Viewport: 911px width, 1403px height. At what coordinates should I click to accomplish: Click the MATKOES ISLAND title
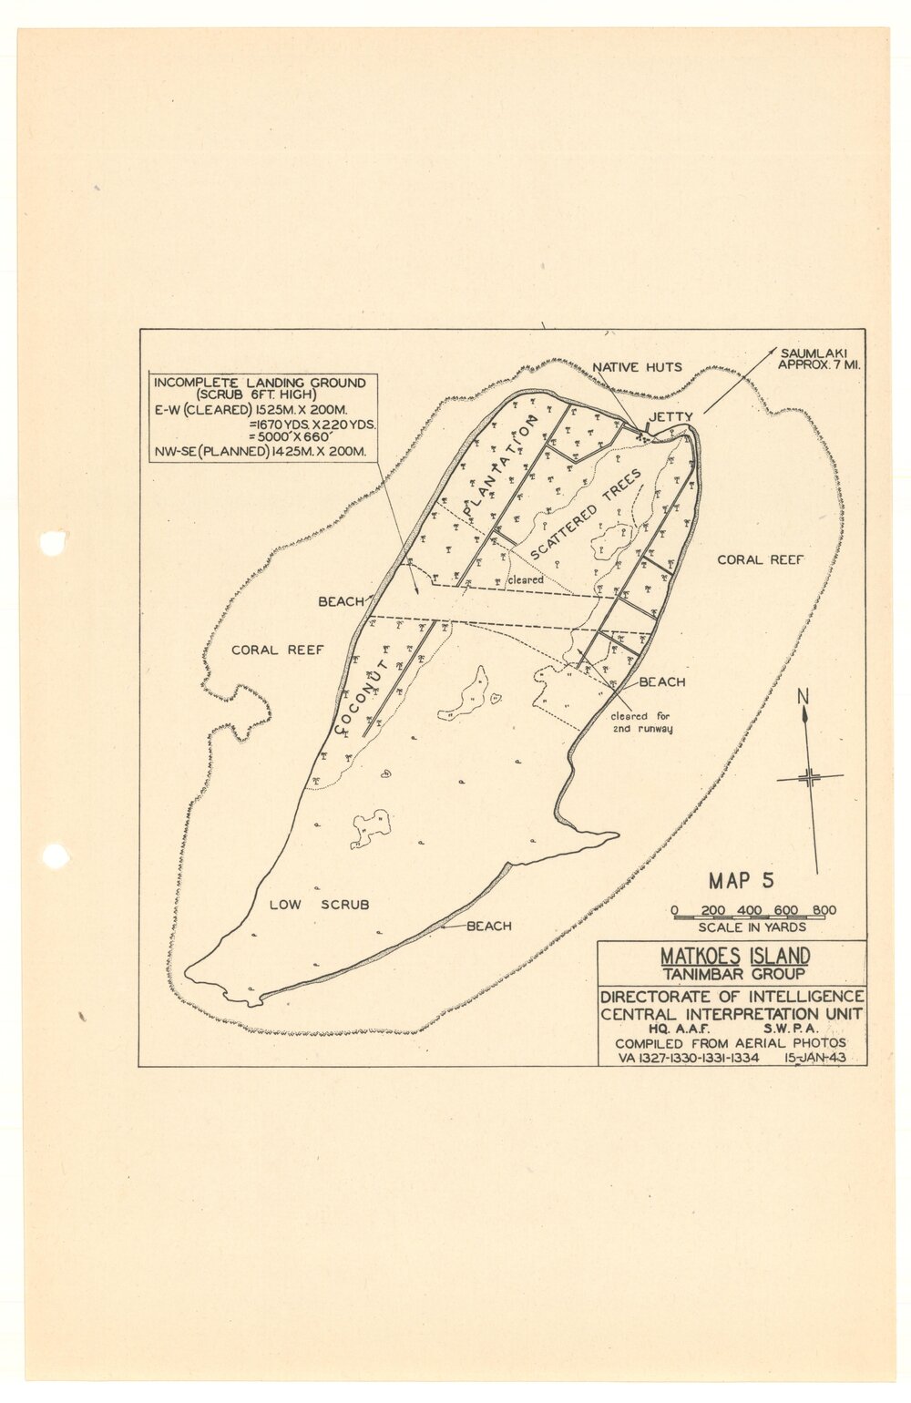tap(734, 957)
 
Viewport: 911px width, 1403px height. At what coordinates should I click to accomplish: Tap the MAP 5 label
tap(742, 881)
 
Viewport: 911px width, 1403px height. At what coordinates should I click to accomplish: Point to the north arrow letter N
tap(803, 698)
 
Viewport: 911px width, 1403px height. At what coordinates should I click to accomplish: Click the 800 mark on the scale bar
tap(824, 910)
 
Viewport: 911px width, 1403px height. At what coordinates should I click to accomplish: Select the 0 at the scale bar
tap(674, 910)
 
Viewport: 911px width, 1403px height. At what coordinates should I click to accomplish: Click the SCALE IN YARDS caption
tap(752, 927)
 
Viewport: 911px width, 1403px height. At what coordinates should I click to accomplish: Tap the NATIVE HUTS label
tap(637, 367)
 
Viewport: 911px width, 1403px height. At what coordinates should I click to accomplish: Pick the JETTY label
tap(670, 417)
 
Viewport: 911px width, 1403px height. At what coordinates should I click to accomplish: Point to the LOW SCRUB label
tap(320, 905)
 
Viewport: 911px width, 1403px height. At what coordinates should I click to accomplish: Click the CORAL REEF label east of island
tap(761, 559)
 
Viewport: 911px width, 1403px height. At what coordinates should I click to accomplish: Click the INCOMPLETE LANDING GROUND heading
tap(261, 384)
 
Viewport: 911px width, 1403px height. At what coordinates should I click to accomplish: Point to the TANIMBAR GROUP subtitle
tap(733, 974)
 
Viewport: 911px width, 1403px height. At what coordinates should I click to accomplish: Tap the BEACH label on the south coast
tap(489, 927)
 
